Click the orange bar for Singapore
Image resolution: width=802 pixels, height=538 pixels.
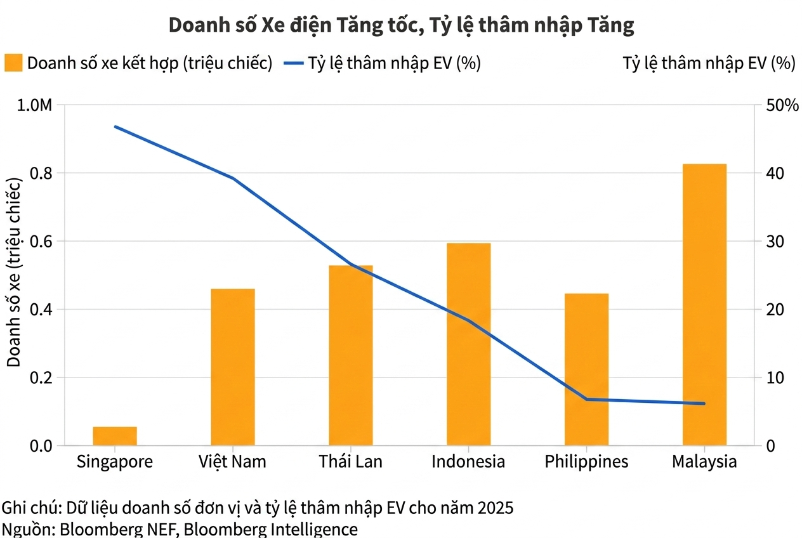(x=115, y=436)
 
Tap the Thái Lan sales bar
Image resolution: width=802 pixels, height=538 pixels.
(x=350, y=355)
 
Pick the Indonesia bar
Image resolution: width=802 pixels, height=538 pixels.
(x=468, y=344)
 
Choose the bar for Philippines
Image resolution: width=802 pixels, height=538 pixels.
(x=586, y=369)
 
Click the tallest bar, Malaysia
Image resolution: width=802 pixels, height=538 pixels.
(x=704, y=305)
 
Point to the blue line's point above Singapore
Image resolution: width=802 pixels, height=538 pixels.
(x=115, y=127)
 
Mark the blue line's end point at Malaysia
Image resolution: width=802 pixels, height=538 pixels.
(x=704, y=403)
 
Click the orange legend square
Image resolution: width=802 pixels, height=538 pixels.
(x=13, y=63)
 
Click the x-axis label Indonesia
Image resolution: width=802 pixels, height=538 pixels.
(x=468, y=461)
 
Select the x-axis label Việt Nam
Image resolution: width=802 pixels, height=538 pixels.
(x=232, y=461)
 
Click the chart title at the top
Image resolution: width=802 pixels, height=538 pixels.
(x=401, y=25)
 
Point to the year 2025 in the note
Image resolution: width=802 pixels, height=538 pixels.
(x=496, y=509)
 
